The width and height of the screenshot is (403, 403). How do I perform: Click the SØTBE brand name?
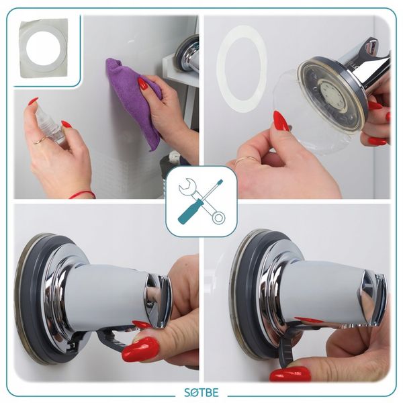point(201,392)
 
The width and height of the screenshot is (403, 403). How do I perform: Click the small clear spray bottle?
point(50,127)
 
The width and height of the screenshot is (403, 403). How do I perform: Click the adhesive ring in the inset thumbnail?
point(44,48)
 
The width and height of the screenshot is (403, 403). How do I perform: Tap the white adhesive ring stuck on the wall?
point(241,69)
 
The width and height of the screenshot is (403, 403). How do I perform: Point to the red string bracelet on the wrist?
point(82,194)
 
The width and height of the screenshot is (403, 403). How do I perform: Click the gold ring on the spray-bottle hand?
point(40,140)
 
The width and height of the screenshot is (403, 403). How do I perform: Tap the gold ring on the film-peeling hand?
point(244,160)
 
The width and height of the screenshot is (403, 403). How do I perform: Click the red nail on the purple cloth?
point(143,83)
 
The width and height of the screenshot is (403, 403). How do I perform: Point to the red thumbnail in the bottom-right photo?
point(290,374)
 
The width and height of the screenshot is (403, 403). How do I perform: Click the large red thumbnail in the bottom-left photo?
point(141,349)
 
